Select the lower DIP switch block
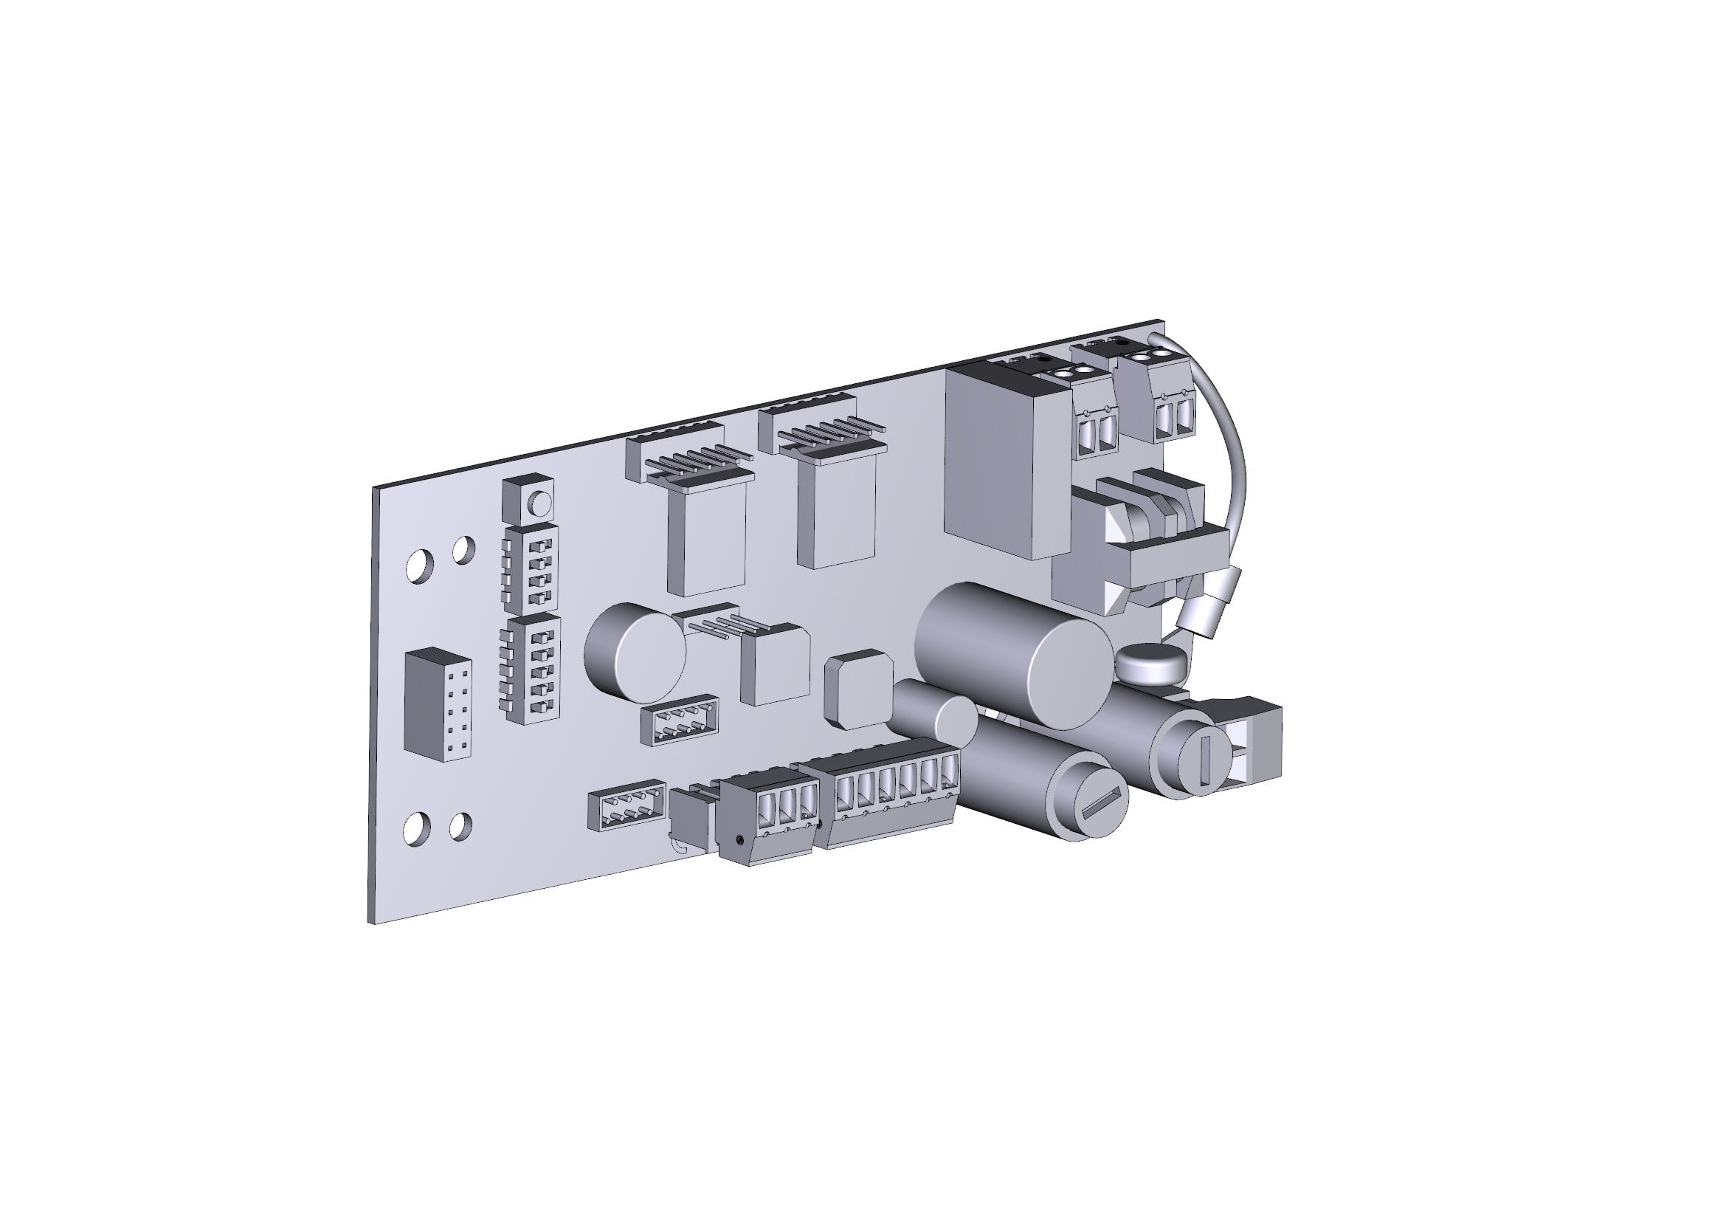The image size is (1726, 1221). pos(533,668)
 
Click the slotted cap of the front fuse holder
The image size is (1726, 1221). pos(1102,811)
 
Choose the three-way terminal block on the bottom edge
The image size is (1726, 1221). pos(765,818)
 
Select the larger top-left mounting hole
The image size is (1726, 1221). pos(420,565)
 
